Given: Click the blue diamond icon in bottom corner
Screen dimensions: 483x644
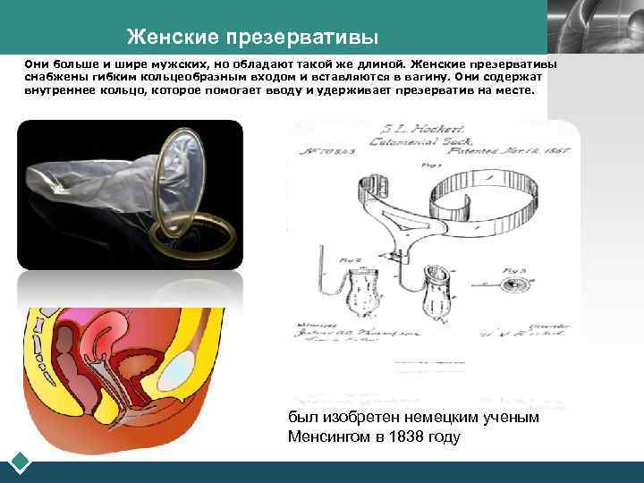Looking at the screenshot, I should coord(19,463).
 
